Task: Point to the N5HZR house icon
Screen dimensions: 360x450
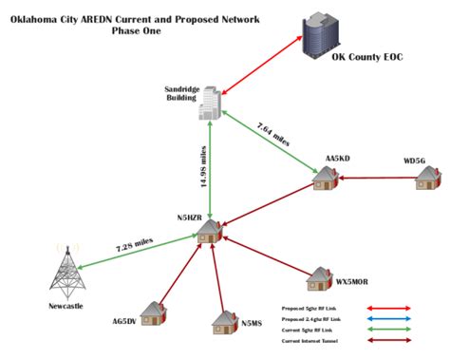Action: pos(208,229)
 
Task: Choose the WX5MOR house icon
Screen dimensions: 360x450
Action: pos(320,276)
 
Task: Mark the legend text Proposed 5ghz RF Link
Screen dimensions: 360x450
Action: pos(312,308)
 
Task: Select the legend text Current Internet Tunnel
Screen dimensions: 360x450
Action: pos(312,340)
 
